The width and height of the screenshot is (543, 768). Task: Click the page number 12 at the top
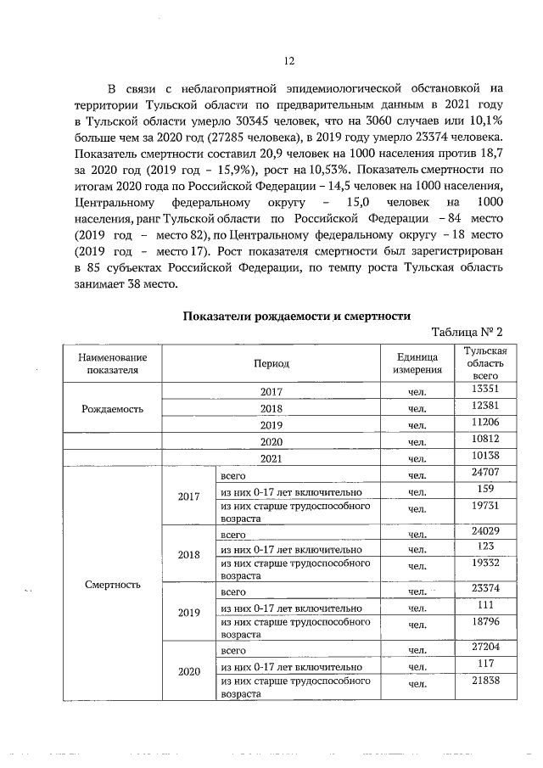coord(288,60)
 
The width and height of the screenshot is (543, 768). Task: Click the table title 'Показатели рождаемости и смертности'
coord(288,317)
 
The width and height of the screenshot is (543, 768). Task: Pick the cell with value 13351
coord(484,390)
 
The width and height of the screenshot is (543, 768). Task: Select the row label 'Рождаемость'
coord(113,407)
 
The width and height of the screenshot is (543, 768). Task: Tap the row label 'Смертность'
coord(113,584)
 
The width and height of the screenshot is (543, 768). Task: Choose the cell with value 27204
coord(484,649)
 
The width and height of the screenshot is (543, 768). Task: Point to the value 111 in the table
coord(484,607)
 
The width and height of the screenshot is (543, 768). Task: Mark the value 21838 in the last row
coord(484,682)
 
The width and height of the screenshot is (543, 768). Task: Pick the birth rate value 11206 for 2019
coord(484,423)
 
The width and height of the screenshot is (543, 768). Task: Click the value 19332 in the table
coord(484,563)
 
